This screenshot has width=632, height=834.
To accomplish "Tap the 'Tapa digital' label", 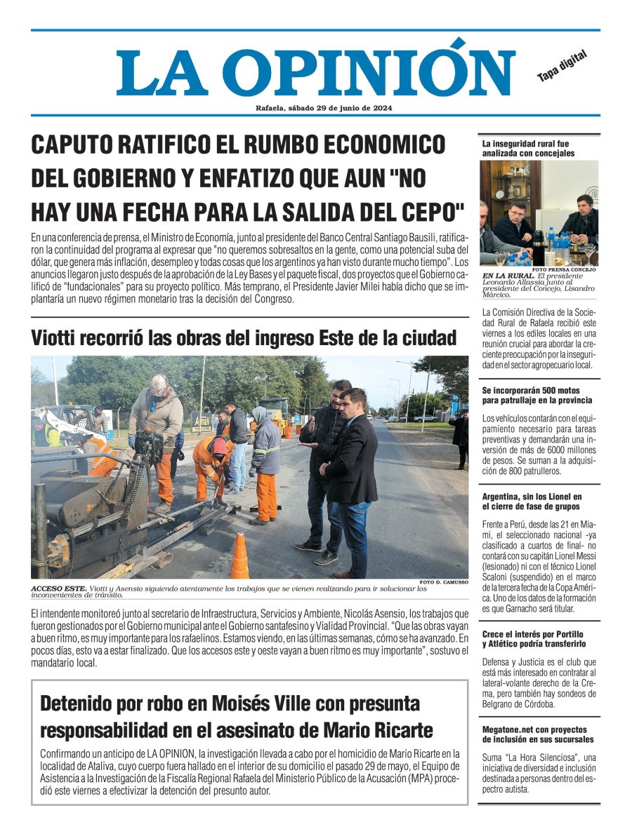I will pyautogui.click(x=561, y=65).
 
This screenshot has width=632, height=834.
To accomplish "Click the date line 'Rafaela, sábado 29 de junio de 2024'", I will pyautogui.click(x=324, y=108).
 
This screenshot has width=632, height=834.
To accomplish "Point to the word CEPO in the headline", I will pyautogui.click(x=433, y=210).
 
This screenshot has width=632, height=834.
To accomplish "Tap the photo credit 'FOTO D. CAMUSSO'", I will pyautogui.click(x=444, y=583).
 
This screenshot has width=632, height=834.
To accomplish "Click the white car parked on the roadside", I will pyautogui.click(x=425, y=418).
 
